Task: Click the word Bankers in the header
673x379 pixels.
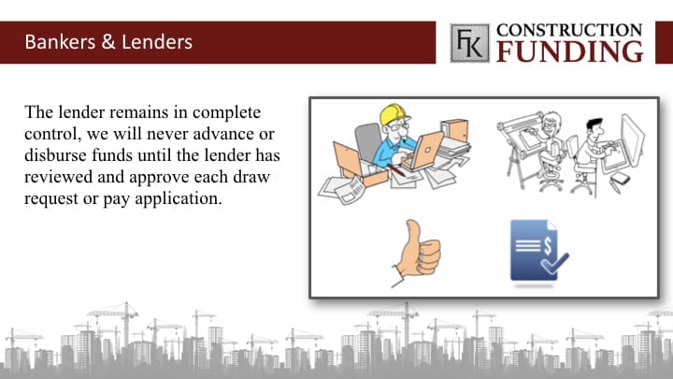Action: tap(60, 42)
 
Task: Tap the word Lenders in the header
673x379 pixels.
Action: tap(157, 42)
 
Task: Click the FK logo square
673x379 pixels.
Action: tap(469, 43)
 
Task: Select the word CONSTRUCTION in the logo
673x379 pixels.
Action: tap(569, 30)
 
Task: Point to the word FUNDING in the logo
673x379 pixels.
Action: tap(570, 51)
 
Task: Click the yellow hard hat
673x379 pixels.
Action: tap(394, 114)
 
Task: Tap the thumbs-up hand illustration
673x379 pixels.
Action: tap(417, 253)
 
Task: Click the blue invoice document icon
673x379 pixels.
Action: tap(538, 251)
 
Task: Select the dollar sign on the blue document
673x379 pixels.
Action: tap(548, 245)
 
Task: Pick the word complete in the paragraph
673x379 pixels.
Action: tap(226, 113)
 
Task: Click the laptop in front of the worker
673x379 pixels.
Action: tap(424, 152)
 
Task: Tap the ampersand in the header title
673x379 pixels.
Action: tap(108, 42)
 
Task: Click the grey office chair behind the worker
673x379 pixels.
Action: tap(368, 141)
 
